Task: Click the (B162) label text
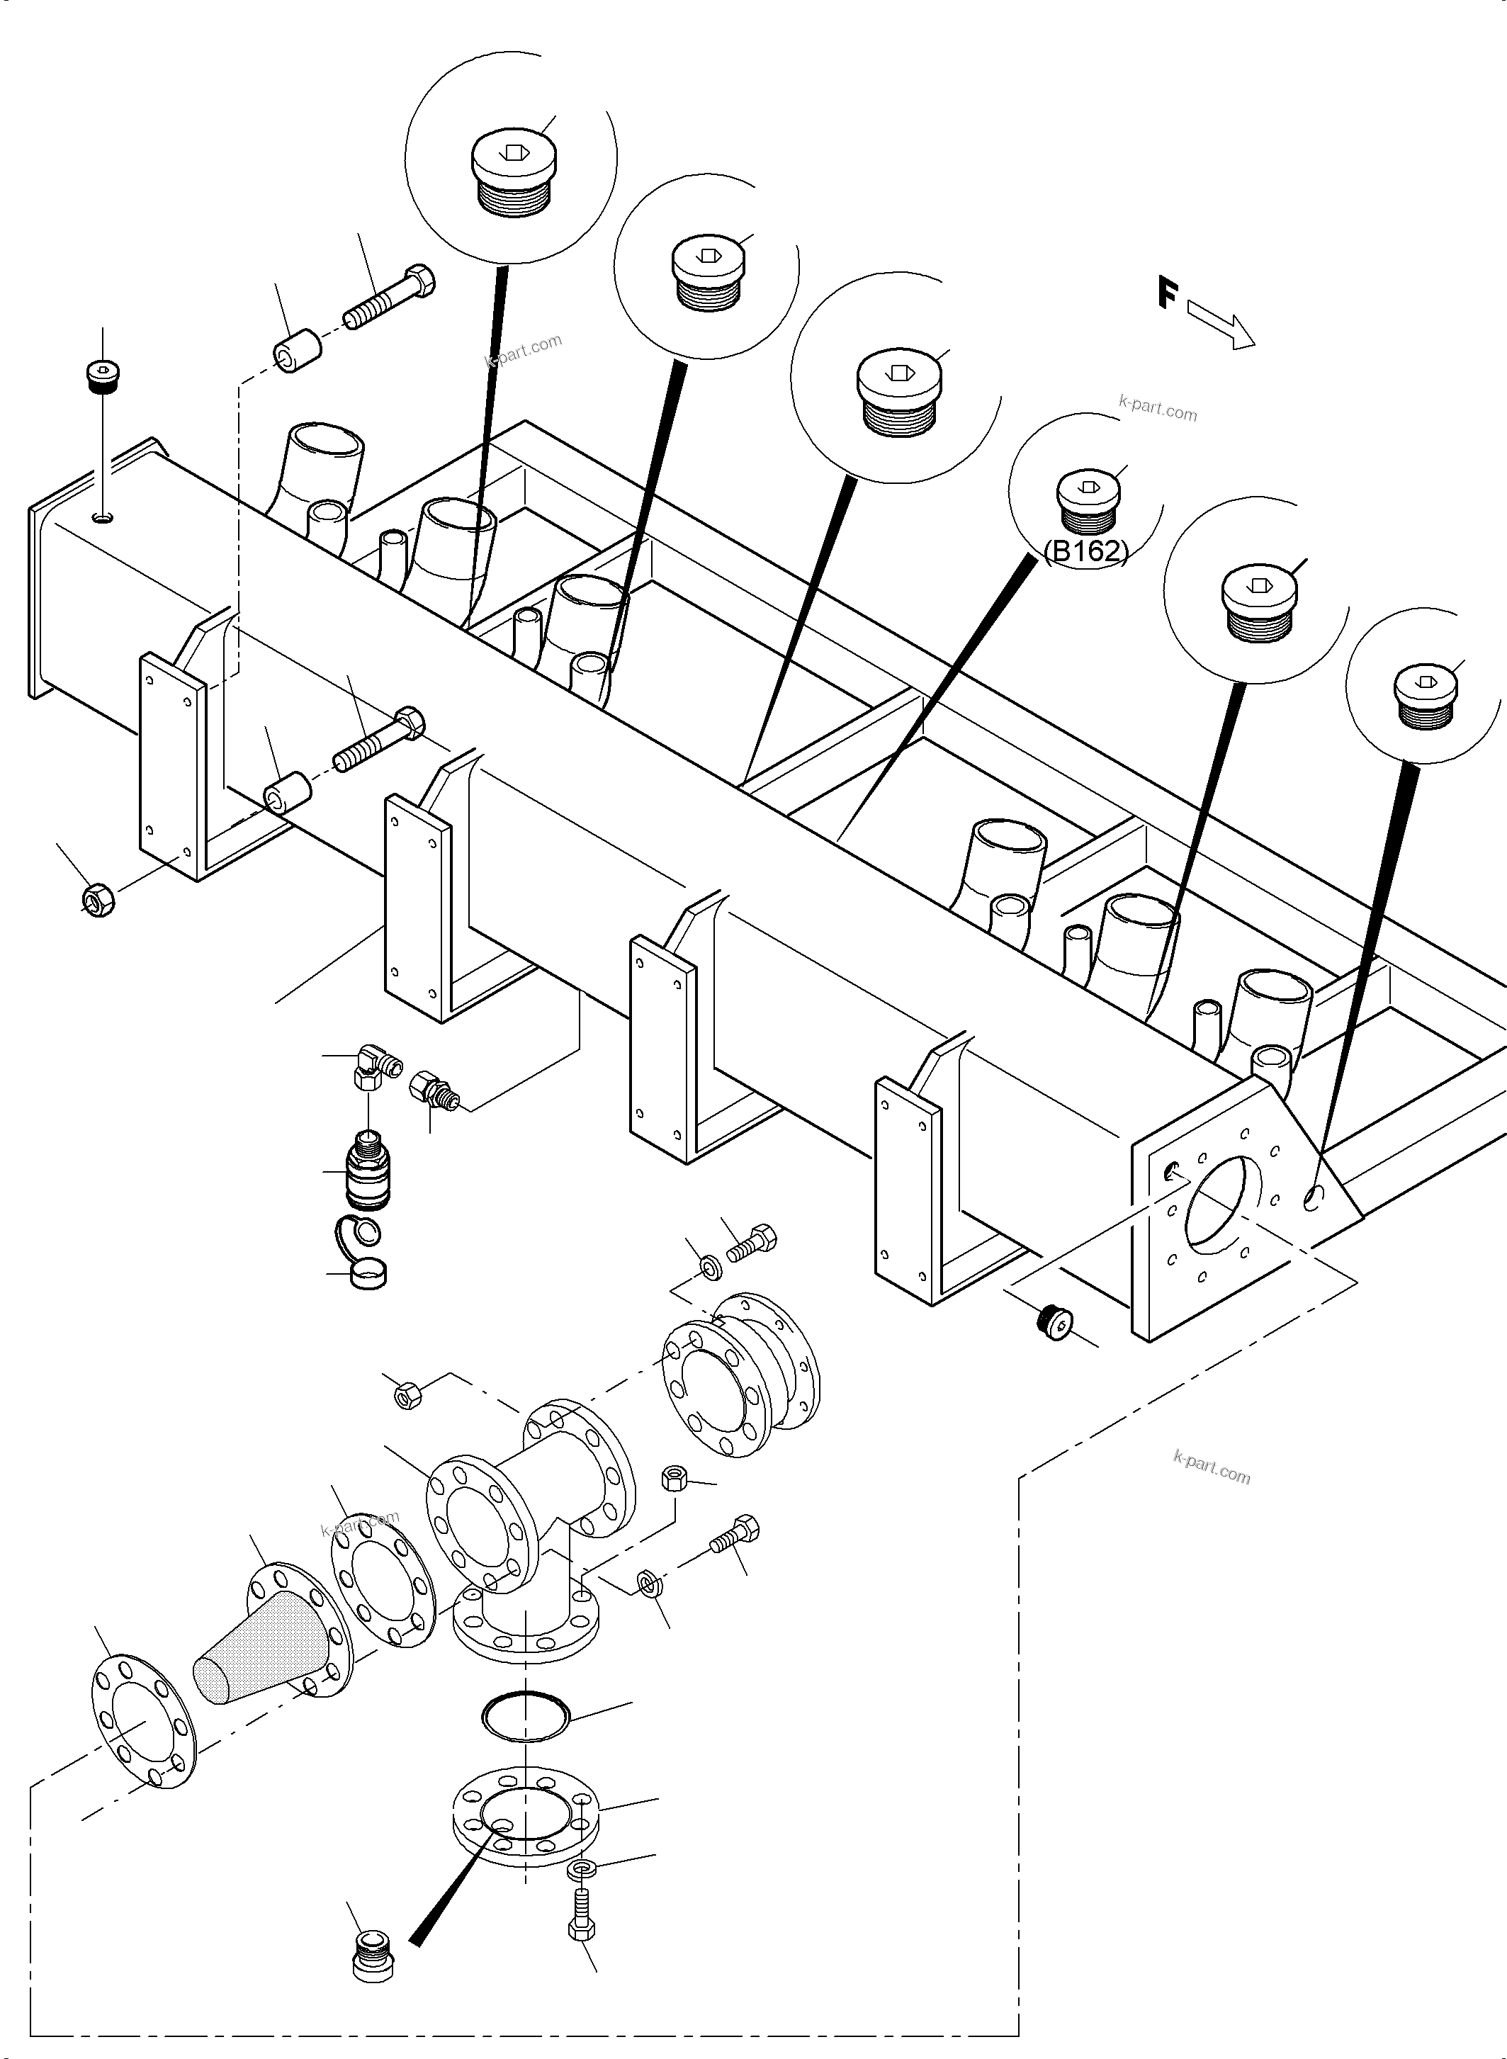1085,551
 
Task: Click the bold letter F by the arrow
1168,294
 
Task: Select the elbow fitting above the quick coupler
373,1065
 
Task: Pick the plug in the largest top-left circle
513,174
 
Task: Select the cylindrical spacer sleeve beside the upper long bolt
295,352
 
